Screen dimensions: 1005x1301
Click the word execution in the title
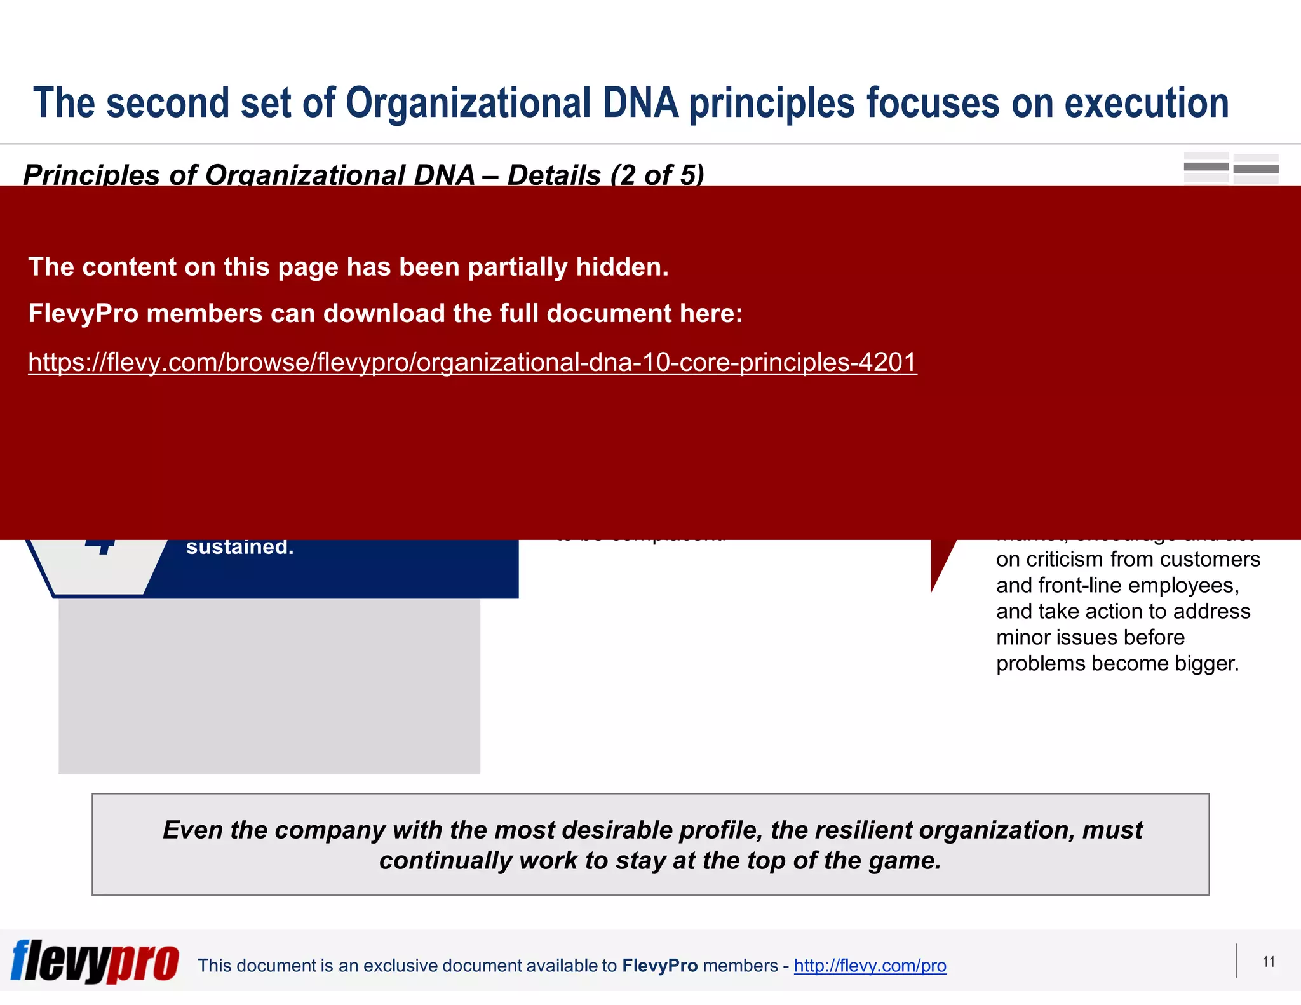1146,103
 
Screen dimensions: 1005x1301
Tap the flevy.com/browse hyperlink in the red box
472,362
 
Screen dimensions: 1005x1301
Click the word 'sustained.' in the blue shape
239,547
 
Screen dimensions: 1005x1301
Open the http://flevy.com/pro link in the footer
870,966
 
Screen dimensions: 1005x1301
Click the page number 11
1268,962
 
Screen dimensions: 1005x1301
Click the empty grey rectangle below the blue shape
269,686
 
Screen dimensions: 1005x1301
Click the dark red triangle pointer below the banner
941,560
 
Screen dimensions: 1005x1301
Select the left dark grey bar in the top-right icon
1206,167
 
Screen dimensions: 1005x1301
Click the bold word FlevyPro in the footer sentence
659,966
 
